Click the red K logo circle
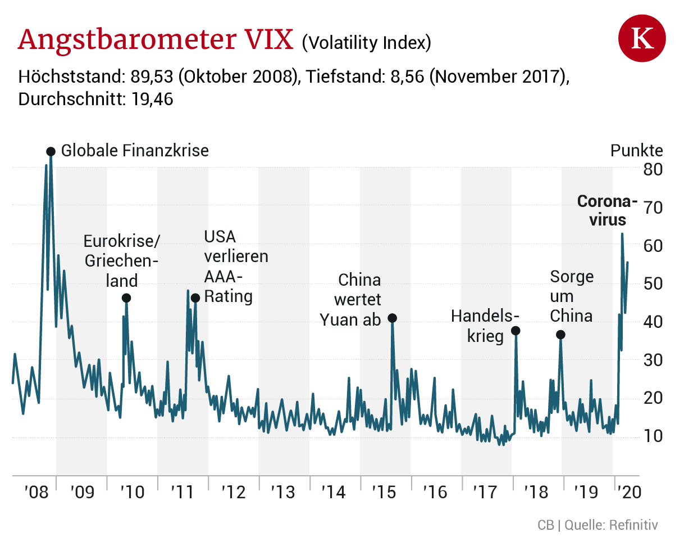pyautogui.click(x=642, y=39)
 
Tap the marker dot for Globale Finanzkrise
pyautogui.click(x=51, y=151)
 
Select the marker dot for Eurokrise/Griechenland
pyautogui.click(x=126, y=298)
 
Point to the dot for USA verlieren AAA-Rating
pyautogui.click(x=195, y=298)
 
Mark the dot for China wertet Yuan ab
pyautogui.click(x=393, y=318)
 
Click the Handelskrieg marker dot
pyautogui.click(x=516, y=331)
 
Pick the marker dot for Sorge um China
pyautogui.click(x=560, y=335)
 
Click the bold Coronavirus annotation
pyautogui.click(x=608, y=210)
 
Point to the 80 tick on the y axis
pyautogui.click(x=653, y=169)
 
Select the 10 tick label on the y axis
pyautogui.click(x=653, y=436)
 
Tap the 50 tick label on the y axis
pyautogui.click(x=653, y=283)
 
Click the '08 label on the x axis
pyautogui.click(x=37, y=493)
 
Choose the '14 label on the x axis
pyautogui.click(x=334, y=493)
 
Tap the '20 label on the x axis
pyautogui.click(x=628, y=493)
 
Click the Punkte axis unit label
pyautogui.click(x=636, y=151)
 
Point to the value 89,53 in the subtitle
pyautogui.click(x=152, y=76)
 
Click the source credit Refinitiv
pyautogui.click(x=633, y=525)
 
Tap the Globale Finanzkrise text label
pyautogui.click(x=135, y=151)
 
